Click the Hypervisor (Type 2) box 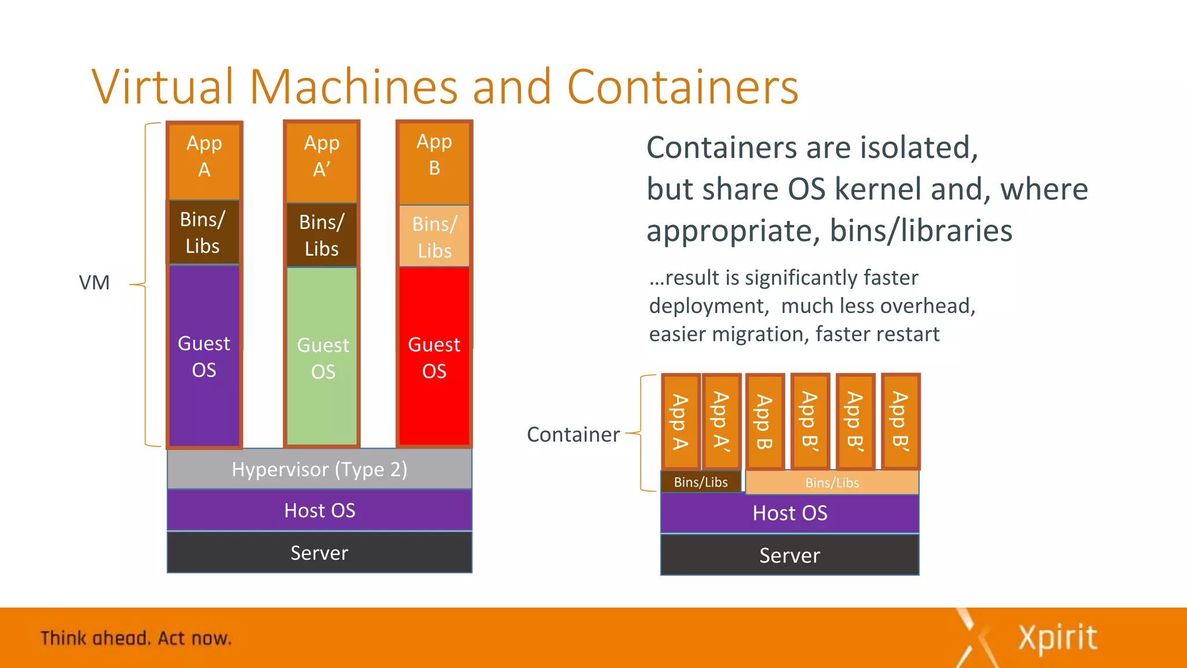click(319, 469)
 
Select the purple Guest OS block click(204, 356)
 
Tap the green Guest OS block click(322, 357)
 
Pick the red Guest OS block click(434, 357)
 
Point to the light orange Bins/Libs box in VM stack click(434, 237)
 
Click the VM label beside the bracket click(94, 283)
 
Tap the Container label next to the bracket click(573, 434)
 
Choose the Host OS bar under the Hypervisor click(319, 510)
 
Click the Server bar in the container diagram click(789, 556)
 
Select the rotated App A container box click(680, 422)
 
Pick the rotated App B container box click(764, 422)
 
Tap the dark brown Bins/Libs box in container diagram click(701, 482)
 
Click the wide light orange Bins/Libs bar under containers click(832, 482)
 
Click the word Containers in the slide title click(683, 87)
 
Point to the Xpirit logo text click(1057, 638)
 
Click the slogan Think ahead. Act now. click(136, 638)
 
